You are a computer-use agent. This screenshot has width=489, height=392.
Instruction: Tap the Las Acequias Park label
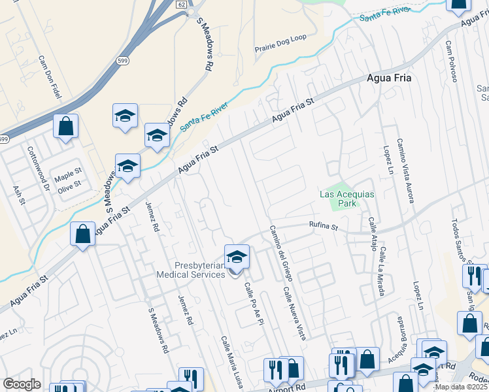coord(346,199)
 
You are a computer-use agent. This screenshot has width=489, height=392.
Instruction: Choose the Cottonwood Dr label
coord(38,168)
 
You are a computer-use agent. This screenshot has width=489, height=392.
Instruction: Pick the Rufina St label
coord(324,227)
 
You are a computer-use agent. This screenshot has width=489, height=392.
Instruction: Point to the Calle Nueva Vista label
coord(294,313)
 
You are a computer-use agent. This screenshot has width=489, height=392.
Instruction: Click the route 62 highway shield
coord(180,3)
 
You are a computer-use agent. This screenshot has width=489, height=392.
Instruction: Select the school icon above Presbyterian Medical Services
coord(237,257)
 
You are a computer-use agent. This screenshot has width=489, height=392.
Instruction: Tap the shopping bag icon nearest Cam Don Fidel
coord(66,126)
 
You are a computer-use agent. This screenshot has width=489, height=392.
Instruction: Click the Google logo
coord(22,385)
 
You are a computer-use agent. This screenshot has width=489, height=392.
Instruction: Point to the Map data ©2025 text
coord(460,387)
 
